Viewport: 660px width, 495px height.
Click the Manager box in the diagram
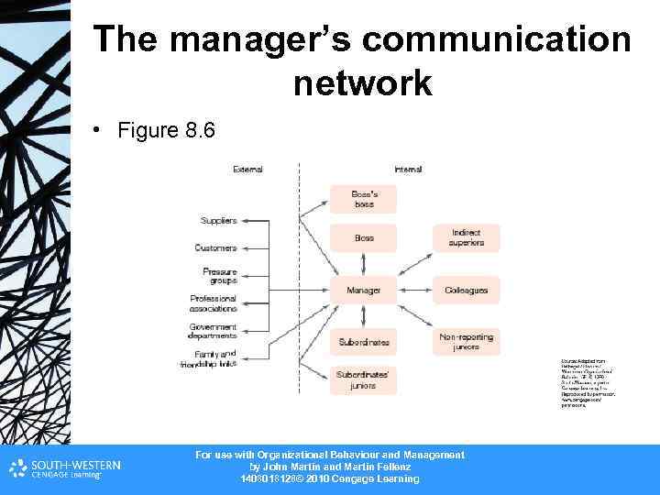363,291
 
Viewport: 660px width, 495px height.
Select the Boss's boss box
363,199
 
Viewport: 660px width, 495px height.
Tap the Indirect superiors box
467,238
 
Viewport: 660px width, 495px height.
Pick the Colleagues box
467,291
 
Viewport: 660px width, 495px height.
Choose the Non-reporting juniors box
467,342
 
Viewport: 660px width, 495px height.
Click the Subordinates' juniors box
363,379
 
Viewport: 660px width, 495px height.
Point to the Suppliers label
219,221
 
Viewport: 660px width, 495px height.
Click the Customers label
215,247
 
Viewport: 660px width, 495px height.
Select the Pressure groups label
220,276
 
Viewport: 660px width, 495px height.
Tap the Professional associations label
214,303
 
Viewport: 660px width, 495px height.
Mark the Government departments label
213,331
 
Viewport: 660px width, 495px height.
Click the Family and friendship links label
209,358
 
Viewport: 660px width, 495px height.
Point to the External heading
247,170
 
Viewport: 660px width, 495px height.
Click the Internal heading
408,170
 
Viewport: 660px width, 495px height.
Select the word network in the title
362,83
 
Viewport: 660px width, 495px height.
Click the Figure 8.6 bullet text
166,131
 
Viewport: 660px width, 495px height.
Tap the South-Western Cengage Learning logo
65,468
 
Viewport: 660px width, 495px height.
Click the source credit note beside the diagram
587,384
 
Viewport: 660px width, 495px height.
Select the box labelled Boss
363,238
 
